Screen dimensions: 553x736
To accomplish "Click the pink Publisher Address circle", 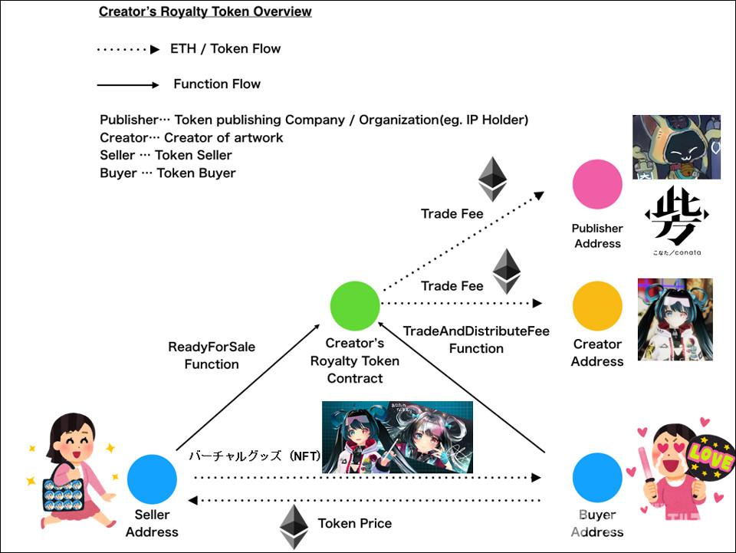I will pyautogui.click(x=597, y=185).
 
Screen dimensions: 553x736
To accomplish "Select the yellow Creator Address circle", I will pyautogui.click(x=597, y=306).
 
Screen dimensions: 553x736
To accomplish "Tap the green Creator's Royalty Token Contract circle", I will pyautogui.click(x=355, y=306).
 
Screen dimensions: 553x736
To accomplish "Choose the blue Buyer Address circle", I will pyautogui.click(x=597, y=477).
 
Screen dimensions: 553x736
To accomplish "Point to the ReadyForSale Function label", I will pyautogui.click(x=212, y=356).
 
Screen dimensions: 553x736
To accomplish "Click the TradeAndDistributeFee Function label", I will pyautogui.click(x=476, y=339).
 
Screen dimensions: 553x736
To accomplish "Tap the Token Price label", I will pyautogui.click(x=354, y=523).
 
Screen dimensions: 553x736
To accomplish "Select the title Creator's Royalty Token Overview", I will pyautogui.click(x=205, y=12).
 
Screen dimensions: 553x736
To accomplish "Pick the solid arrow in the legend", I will pyautogui.click(x=127, y=84).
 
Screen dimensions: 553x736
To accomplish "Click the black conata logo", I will pyautogui.click(x=672, y=216).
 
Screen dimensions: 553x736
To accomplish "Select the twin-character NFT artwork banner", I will pyautogui.click(x=397, y=436).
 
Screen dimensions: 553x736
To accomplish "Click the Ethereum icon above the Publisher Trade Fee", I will pyautogui.click(x=493, y=179).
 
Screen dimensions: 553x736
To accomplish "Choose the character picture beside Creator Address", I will pyautogui.click(x=675, y=319).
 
